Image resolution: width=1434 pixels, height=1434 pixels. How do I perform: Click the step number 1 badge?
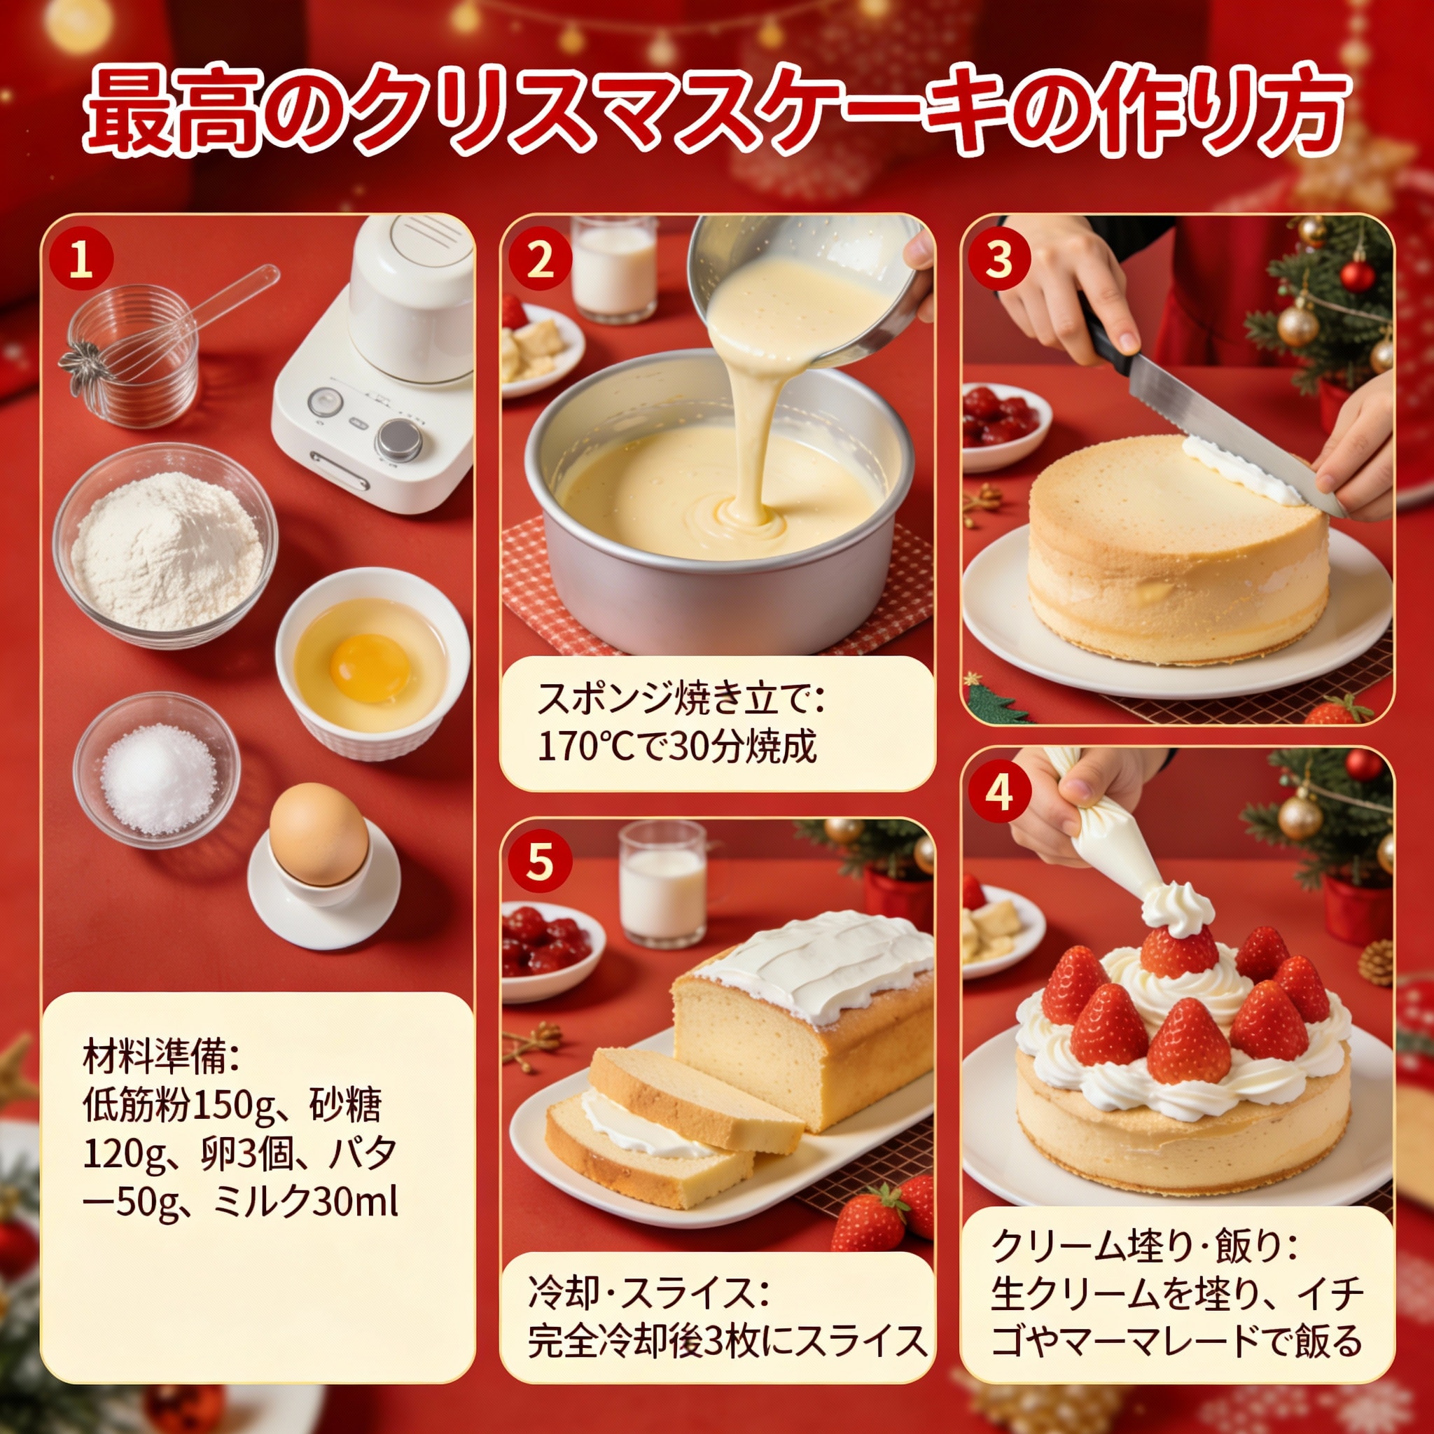point(82,261)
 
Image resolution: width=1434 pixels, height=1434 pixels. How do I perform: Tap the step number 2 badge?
point(541,261)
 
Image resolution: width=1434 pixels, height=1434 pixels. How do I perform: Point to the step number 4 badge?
point(1001,794)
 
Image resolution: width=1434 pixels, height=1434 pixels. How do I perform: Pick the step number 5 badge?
point(541,863)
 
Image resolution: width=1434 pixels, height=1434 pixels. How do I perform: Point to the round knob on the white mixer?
point(399,440)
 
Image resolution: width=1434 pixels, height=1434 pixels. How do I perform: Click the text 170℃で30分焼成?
point(676,746)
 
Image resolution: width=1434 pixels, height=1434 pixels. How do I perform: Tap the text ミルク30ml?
point(305,1202)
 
